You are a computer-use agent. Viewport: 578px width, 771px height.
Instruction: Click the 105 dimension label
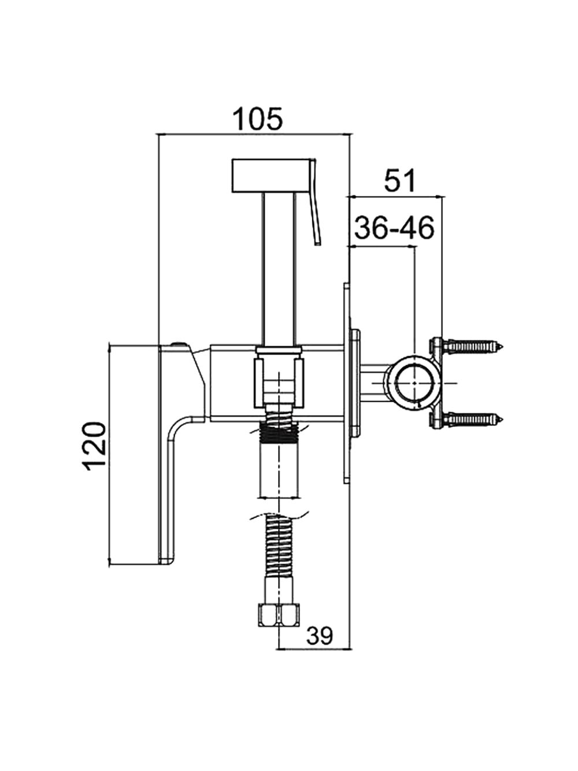point(258,119)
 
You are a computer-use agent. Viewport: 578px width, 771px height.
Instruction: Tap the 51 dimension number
point(399,181)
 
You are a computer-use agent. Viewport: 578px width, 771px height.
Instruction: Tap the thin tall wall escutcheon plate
point(347,382)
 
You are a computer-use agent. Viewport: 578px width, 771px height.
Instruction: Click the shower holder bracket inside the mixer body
point(279,377)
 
